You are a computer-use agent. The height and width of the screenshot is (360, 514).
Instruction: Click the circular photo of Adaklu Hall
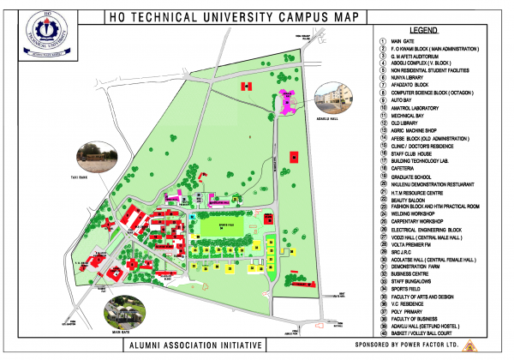pyautogui.click(x=334, y=101)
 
